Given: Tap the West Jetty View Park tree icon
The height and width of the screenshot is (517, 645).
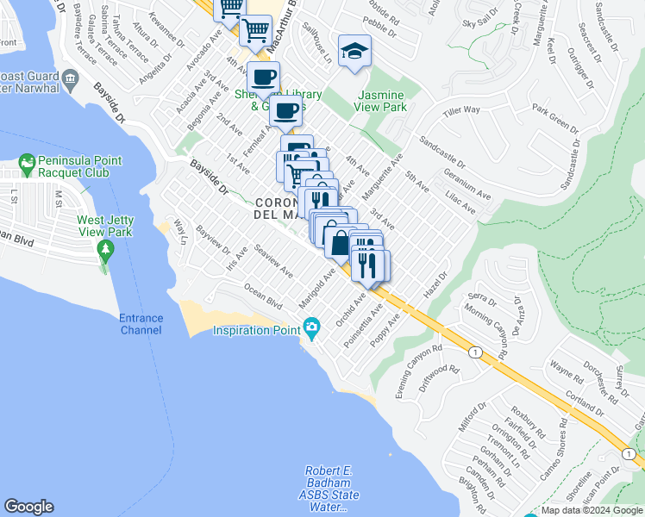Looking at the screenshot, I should [x=106, y=251].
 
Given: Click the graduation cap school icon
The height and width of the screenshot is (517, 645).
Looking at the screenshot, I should [x=354, y=52].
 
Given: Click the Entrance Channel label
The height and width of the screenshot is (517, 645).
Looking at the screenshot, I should [x=141, y=324].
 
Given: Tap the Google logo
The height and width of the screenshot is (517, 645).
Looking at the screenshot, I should [x=28, y=507].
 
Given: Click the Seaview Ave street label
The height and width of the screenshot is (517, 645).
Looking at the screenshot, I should [x=274, y=262].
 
